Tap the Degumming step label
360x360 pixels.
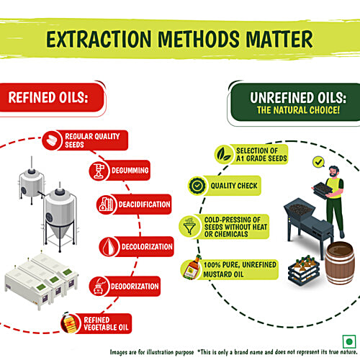pos(130,171)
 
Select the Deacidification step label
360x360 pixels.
pos(144,204)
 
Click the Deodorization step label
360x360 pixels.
pos(135,287)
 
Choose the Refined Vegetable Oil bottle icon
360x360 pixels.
pos(70,323)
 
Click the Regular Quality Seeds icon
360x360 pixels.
pos(52,140)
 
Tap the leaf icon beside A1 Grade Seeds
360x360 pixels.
pos(224,154)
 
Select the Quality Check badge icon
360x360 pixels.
pos(197,186)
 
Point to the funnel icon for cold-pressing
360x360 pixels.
pos(189,226)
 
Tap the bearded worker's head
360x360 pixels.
pos(334,171)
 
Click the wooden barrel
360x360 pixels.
pos(340,263)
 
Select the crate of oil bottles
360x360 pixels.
pos(304,271)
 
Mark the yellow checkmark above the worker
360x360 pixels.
pos(318,162)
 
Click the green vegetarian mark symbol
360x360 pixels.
pos(349,341)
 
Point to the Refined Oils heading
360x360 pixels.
pos(48,97)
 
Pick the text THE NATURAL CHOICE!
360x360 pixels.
pos(298,110)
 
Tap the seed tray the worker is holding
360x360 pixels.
pos(323,189)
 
